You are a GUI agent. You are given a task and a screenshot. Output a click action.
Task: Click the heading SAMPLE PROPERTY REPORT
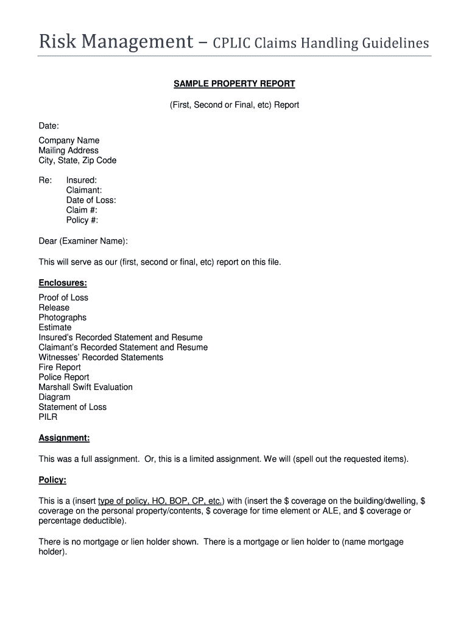tap(234, 84)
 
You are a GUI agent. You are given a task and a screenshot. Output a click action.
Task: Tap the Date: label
tap(49, 125)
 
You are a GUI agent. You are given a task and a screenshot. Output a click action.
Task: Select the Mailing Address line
tap(68, 150)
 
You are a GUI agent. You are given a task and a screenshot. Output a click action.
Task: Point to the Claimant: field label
tap(84, 190)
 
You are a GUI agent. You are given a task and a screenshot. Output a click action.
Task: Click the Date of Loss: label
tap(91, 200)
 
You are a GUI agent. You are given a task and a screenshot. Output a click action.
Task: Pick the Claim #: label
tap(82, 210)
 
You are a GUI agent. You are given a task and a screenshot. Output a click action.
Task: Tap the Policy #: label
tap(82, 220)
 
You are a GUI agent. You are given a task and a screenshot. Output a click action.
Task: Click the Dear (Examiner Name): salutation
tap(83, 242)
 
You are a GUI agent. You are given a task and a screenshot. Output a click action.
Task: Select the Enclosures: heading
tap(63, 283)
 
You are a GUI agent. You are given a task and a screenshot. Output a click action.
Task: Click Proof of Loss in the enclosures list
tap(63, 298)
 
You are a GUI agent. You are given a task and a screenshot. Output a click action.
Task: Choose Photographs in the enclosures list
tap(63, 318)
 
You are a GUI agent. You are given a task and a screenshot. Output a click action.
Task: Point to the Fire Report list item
tap(60, 367)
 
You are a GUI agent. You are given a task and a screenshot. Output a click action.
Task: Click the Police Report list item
tap(64, 377)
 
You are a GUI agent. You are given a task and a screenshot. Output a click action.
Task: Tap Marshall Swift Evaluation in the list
tap(85, 387)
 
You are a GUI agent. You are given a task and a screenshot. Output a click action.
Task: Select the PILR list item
tap(48, 417)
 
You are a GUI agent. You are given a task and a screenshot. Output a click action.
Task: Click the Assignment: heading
tap(64, 438)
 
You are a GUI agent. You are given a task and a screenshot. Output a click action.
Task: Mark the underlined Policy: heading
tap(52, 480)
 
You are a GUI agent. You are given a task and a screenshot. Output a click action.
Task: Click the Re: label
tap(45, 180)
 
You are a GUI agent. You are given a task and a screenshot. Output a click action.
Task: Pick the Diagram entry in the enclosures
tap(54, 397)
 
